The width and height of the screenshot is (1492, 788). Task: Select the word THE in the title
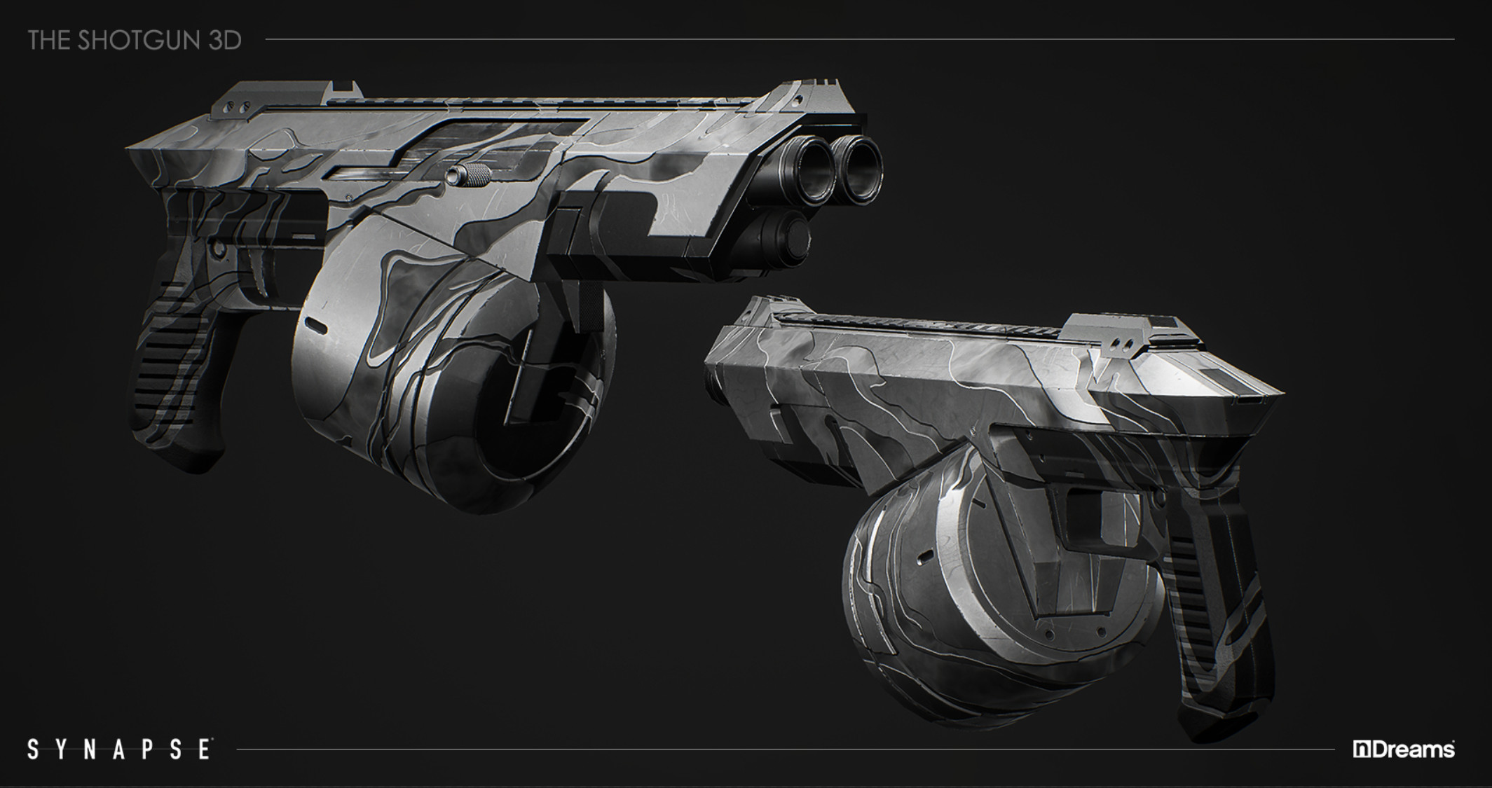pos(50,41)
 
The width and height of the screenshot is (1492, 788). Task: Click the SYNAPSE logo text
pos(119,749)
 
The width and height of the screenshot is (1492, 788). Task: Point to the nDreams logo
pos(1404,749)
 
